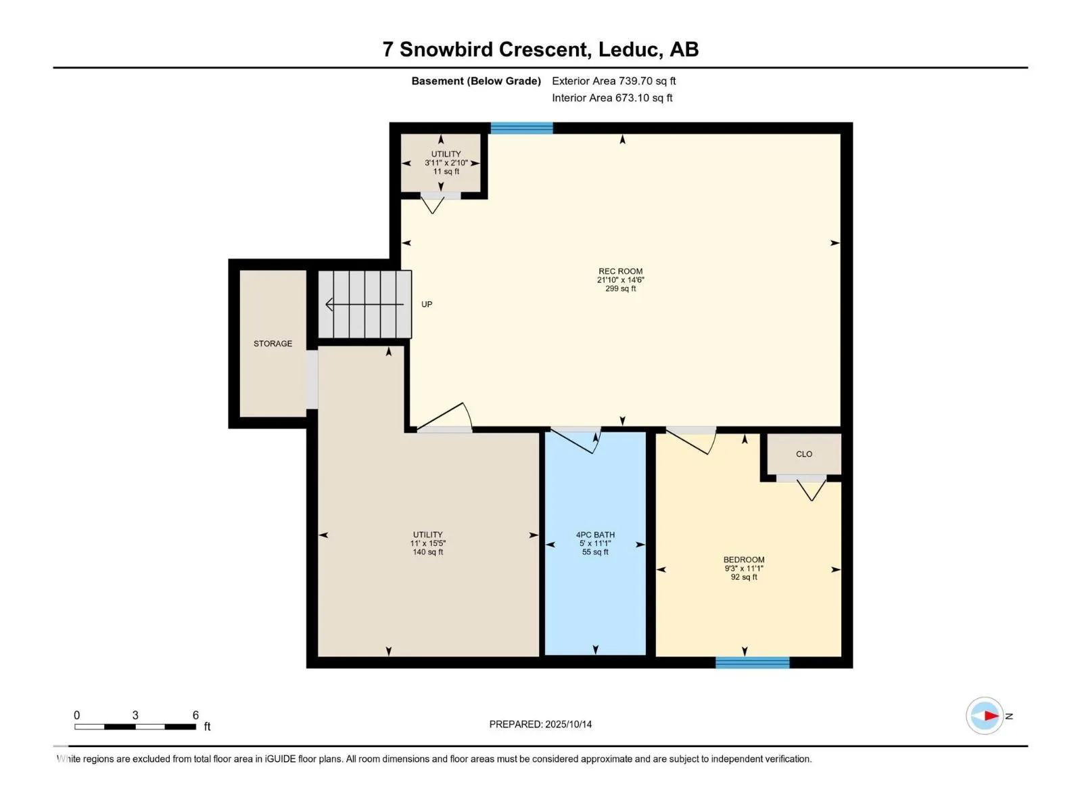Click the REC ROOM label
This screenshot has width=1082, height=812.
click(620, 271)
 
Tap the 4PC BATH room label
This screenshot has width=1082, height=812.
click(595, 535)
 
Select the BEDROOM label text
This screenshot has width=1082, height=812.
click(743, 560)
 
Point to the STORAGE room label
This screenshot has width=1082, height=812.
click(273, 344)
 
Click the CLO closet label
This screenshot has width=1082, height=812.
click(803, 454)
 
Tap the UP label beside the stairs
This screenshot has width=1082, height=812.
click(427, 304)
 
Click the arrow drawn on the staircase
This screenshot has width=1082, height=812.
click(364, 304)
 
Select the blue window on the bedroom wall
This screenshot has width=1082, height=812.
click(752, 662)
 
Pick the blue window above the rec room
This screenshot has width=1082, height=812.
click(521, 128)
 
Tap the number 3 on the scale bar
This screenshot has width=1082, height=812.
click(135, 715)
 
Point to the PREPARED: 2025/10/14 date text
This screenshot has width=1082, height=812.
click(540, 724)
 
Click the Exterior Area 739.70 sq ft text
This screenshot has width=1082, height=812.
click(614, 81)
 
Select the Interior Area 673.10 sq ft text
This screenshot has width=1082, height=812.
click(612, 97)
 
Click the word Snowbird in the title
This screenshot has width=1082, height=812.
click(446, 49)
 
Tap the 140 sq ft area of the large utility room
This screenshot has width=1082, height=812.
click(427, 551)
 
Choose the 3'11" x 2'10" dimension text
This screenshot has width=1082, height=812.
click(446, 162)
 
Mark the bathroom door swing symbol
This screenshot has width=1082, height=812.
click(575, 441)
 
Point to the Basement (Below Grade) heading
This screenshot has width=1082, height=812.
click(476, 81)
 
